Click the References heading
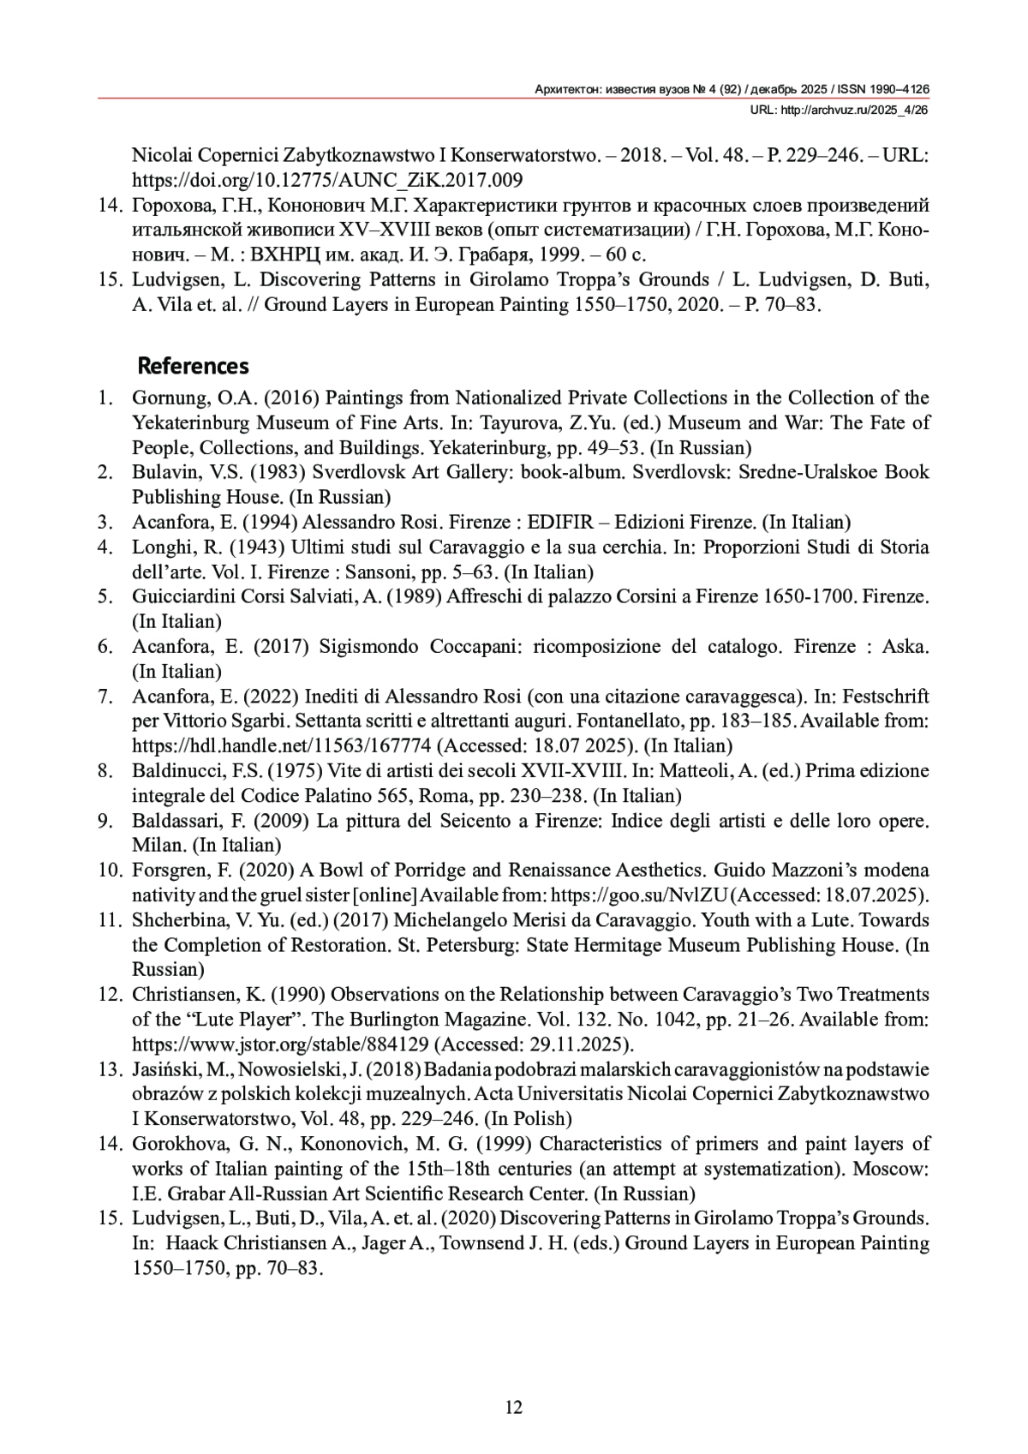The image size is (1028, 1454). (x=193, y=367)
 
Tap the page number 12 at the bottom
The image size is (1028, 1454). (x=514, y=1407)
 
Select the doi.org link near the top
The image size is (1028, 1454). (x=327, y=181)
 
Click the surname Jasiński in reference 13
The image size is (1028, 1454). (x=163, y=1069)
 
